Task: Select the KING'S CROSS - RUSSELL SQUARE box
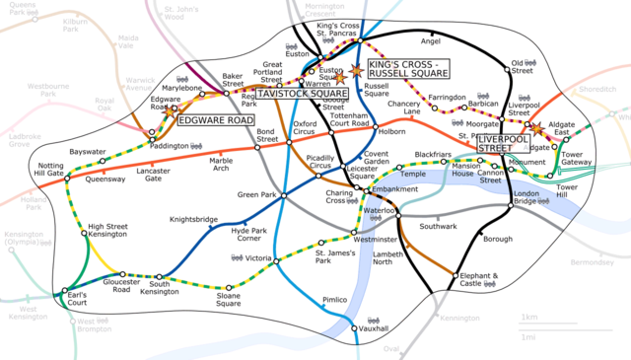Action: point(407,69)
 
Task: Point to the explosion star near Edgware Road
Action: point(169,113)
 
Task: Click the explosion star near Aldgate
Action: point(537,127)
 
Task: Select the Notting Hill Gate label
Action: point(50,169)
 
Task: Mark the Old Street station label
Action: point(521,68)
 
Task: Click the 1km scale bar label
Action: point(530,317)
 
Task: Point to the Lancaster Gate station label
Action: point(154,175)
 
